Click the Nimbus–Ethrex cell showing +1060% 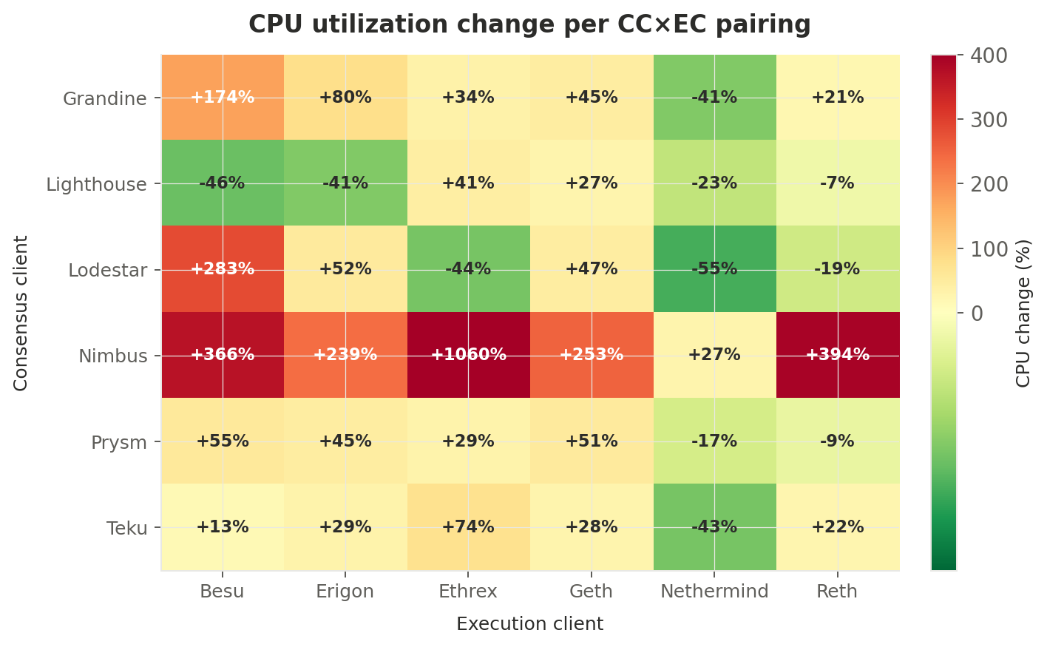pyautogui.click(x=468, y=355)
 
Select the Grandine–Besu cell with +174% pyautogui.click(x=223, y=97)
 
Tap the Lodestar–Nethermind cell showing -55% pyautogui.click(x=714, y=269)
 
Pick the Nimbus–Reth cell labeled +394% pyautogui.click(x=837, y=355)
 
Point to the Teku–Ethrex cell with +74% pyautogui.click(x=468, y=527)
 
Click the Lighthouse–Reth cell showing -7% pyautogui.click(x=837, y=183)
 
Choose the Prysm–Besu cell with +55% pyautogui.click(x=223, y=441)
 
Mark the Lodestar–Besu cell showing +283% pyautogui.click(x=223, y=269)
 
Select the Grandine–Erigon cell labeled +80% pyautogui.click(x=345, y=97)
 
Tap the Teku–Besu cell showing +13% pyautogui.click(x=223, y=527)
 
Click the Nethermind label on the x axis pyautogui.click(x=714, y=592)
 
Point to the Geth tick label pyautogui.click(x=592, y=592)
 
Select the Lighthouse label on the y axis pyautogui.click(x=96, y=184)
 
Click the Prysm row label pyautogui.click(x=118, y=443)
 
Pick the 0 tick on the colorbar pyautogui.click(x=977, y=314)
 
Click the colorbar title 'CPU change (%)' pyautogui.click(x=1023, y=313)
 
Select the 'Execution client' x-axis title pyautogui.click(x=529, y=624)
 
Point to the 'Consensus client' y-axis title pyautogui.click(x=21, y=313)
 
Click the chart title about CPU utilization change pyautogui.click(x=529, y=25)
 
